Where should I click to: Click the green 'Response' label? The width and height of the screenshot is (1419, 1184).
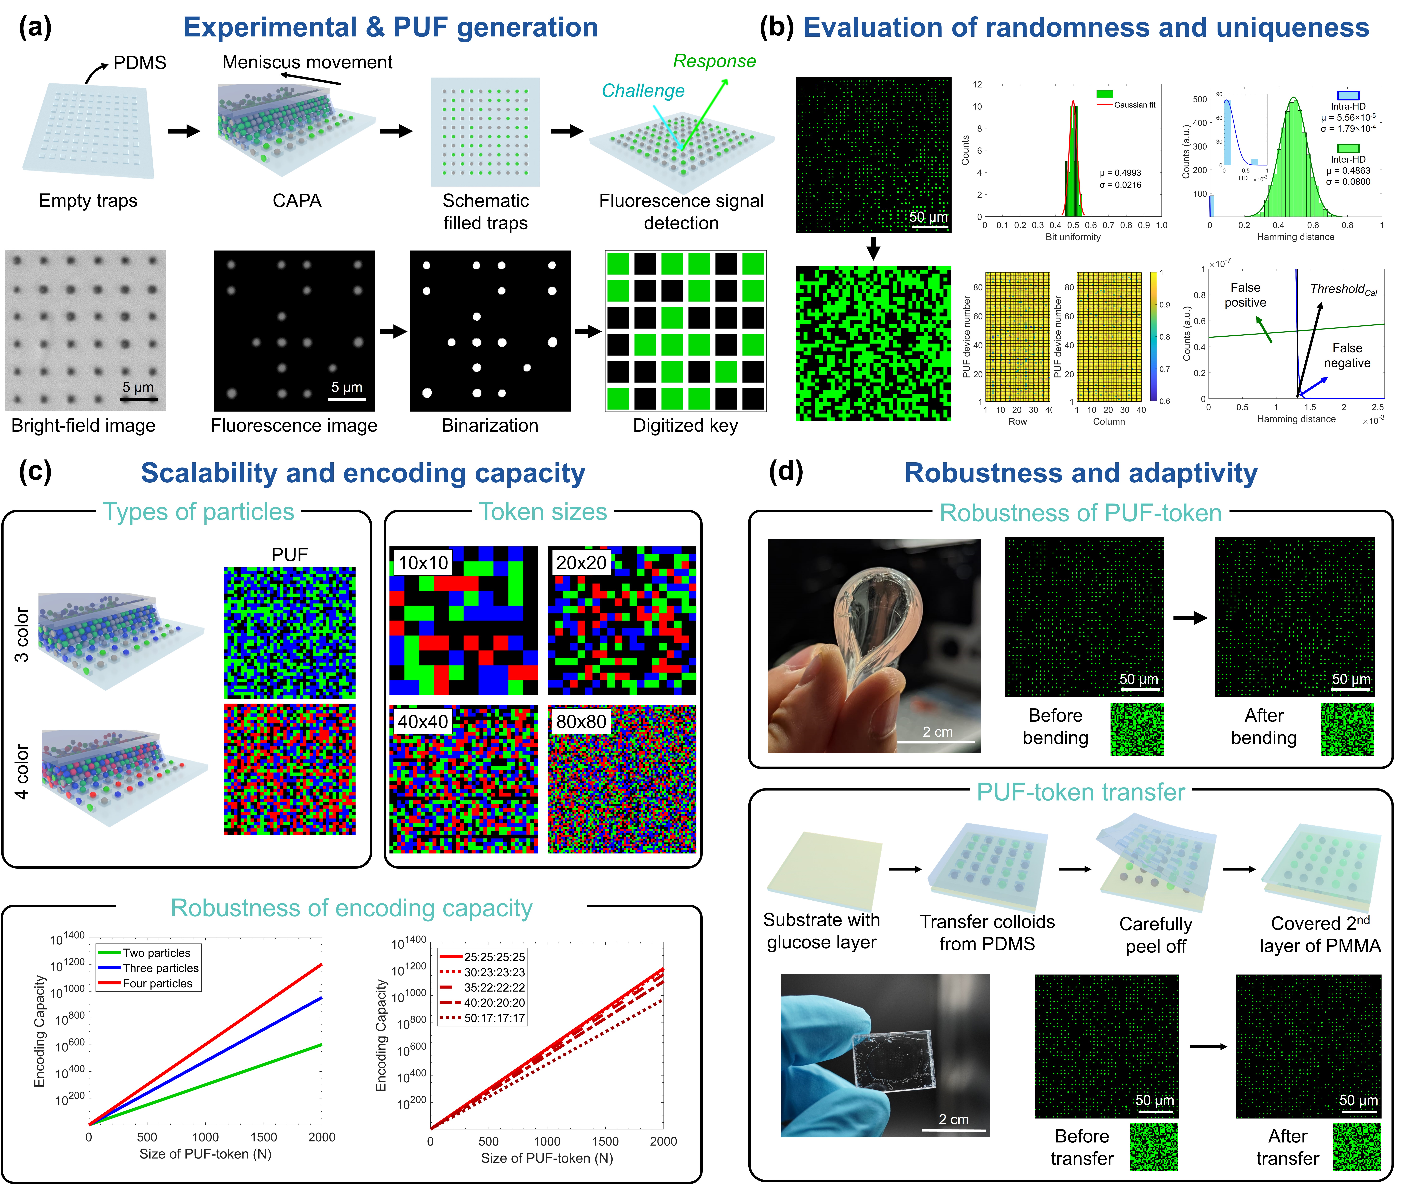pos(714,61)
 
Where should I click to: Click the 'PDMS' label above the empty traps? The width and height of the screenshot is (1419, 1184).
pos(139,63)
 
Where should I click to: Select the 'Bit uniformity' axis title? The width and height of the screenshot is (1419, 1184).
pos(1073,237)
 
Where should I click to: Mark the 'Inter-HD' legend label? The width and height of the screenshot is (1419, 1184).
pos(1348,160)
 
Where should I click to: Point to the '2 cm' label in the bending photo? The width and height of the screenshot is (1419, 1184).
pos(938,732)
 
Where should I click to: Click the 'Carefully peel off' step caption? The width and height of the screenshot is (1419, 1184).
pos(1155,935)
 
